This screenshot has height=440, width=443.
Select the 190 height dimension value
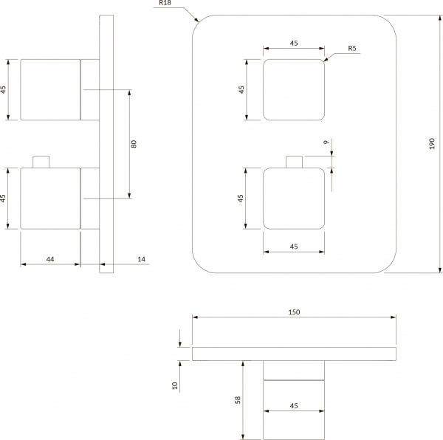click(432, 144)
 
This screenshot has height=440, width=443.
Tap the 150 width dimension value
click(294, 312)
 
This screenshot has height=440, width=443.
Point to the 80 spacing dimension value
click(134, 144)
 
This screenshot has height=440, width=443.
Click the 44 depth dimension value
click(50, 258)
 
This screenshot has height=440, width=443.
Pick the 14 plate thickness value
click(141, 258)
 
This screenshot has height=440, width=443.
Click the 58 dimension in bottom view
click(237, 399)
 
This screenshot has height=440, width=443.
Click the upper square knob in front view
click(294, 90)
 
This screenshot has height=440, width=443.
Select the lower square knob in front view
click(294, 199)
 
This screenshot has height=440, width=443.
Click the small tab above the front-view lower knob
click(294, 162)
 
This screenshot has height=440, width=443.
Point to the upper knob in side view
click(49, 89)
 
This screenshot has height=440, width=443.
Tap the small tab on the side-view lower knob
click(42, 162)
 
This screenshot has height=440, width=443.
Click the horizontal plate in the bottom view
click(293, 353)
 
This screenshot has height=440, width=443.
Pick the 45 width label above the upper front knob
click(294, 44)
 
